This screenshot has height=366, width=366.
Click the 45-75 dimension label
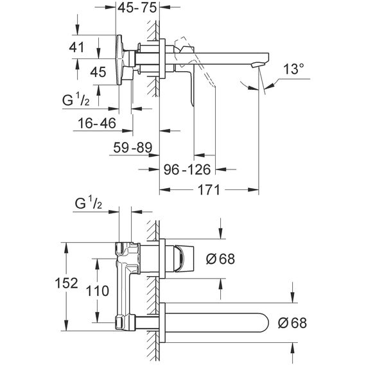137,8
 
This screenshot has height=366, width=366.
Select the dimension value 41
76,48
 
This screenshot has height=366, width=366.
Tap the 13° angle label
293,69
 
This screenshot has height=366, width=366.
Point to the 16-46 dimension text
97,123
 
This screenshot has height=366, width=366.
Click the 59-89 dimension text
132,148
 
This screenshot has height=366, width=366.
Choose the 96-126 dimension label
187,170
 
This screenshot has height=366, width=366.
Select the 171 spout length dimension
209,190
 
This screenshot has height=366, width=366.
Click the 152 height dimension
66,283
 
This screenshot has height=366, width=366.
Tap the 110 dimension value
98,291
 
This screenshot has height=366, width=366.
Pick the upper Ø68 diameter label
220,259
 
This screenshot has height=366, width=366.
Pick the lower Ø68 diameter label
292,323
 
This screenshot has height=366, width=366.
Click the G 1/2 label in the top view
76,100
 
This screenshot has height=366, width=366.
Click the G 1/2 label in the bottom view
89,203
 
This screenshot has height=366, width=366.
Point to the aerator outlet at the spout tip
257,64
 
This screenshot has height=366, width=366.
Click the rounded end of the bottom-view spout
265,322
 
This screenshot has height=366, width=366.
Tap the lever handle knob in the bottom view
184,259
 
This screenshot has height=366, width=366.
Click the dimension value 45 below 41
98,72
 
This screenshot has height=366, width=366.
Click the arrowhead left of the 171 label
165,189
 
